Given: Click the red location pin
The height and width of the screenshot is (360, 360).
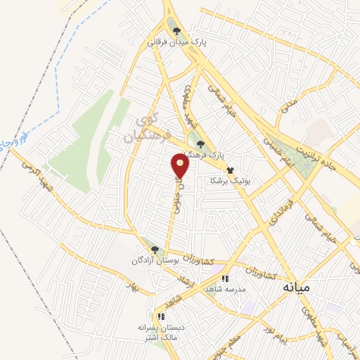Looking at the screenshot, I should pyautogui.click(x=181, y=165).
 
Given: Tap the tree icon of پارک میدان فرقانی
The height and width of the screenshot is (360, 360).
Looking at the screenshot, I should pyautogui.click(x=176, y=31).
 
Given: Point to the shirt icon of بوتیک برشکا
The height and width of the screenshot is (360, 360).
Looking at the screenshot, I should pyautogui.click(x=229, y=169).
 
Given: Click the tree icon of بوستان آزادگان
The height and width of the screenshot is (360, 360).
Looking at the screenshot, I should pyautogui.click(x=154, y=249).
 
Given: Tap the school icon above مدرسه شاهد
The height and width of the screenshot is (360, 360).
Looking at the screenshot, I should pyautogui.click(x=224, y=279).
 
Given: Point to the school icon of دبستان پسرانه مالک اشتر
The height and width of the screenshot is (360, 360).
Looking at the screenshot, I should pyautogui.click(x=162, y=316).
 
